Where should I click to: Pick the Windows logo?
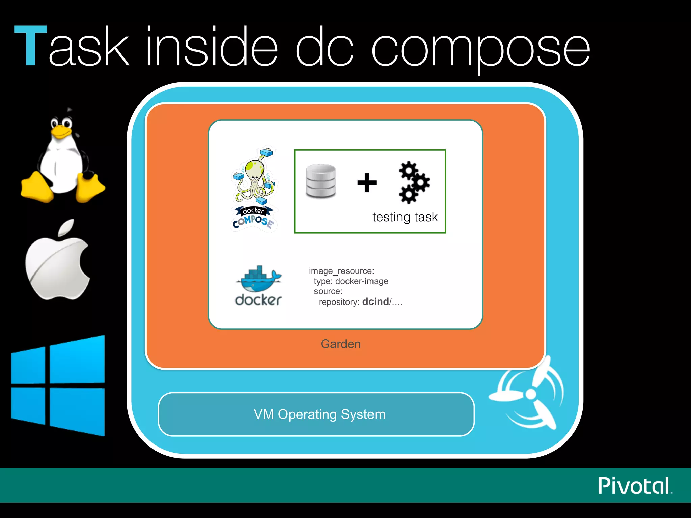58,385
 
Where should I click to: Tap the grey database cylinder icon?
321,181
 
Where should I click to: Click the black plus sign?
367,183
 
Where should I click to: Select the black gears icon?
414,182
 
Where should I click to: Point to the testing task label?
405,217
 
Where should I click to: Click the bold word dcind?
375,301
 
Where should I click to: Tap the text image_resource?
341,271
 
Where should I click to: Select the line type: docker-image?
351,281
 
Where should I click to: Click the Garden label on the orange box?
340,344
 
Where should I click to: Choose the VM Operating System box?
316,414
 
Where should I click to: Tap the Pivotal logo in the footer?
634,486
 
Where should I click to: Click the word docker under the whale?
258,300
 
